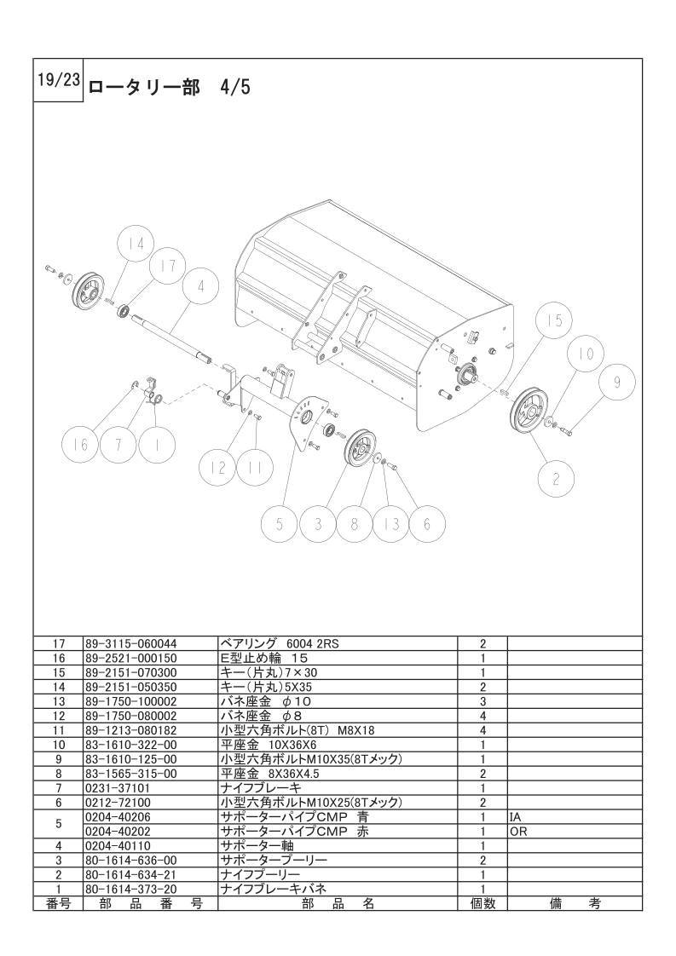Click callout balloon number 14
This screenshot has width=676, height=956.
(x=136, y=245)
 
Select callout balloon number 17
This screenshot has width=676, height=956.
(x=168, y=266)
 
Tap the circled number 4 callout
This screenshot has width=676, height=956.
(x=200, y=285)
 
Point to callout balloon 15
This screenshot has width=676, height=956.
(x=555, y=320)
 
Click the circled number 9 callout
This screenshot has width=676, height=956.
(x=617, y=383)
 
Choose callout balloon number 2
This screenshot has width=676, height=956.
(x=555, y=479)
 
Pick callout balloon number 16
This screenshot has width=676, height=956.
(x=82, y=445)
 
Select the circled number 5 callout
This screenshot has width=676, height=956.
(x=279, y=524)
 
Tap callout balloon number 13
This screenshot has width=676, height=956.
(x=391, y=524)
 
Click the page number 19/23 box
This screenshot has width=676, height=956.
(x=59, y=80)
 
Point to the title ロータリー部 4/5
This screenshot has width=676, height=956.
(x=170, y=88)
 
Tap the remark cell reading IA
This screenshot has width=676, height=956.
(x=516, y=817)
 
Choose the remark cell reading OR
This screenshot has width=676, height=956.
(x=518, y=832)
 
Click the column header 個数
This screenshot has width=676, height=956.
(x=482, y=903)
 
